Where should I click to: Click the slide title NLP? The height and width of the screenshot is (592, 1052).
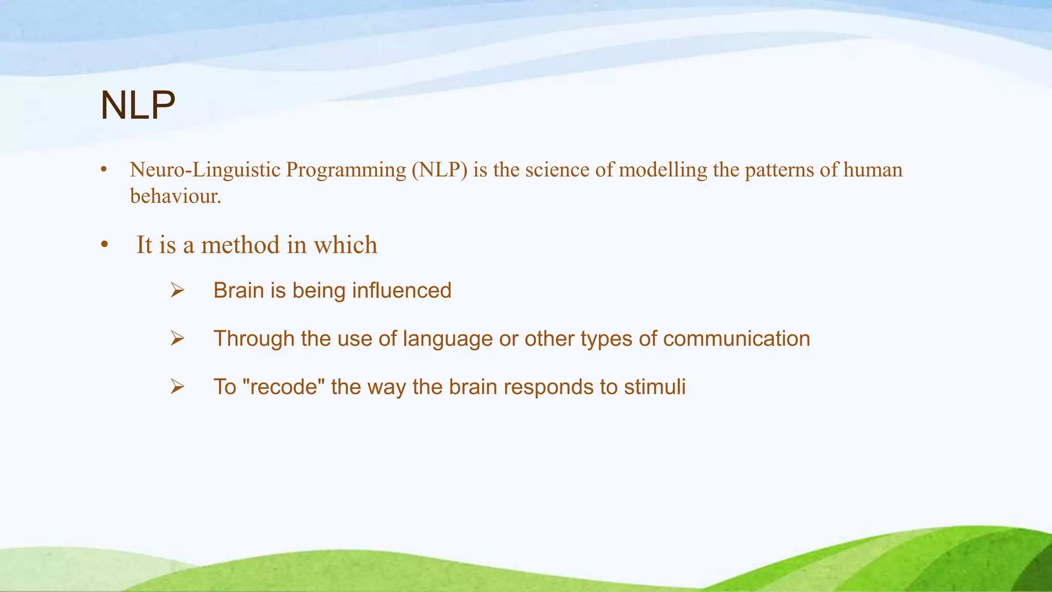[138, 106]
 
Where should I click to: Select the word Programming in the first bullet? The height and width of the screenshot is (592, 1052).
[346, 170]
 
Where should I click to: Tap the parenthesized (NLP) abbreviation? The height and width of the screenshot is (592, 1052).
[439, 170]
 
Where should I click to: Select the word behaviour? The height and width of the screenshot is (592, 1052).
[175, 196]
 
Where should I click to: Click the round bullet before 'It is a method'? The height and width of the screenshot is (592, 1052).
[104, 245]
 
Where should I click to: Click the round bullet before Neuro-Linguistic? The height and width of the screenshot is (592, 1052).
[104, 170]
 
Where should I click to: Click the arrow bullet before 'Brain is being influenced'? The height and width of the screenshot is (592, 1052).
[177, 291]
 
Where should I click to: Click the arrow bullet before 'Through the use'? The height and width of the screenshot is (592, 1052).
[177, 339]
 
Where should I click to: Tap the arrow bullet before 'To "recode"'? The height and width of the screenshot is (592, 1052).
[177, 387]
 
